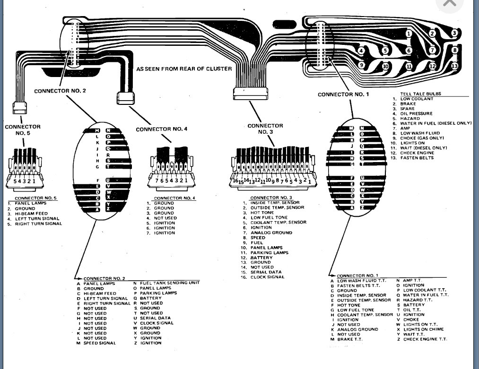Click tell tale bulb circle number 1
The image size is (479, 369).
[x=409, y=34]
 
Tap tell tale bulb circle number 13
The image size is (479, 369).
[x=454, y=66]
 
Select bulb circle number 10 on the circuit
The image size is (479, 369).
[x=385, y=67]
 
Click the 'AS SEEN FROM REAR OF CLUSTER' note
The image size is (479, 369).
[x=184, y=69]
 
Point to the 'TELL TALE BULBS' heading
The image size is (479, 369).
[x=420, y=94]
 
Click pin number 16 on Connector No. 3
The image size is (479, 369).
[x=235, y=180]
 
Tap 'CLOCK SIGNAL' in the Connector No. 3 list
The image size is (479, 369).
[x=268, y=277]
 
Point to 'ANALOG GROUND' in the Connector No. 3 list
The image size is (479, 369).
[x=271, y=232]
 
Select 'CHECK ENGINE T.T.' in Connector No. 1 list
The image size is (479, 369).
[x=425, y=339]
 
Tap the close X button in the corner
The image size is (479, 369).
[x=449, y=4]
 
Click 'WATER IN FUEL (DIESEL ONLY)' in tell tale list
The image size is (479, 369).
[x=435, y=123]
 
